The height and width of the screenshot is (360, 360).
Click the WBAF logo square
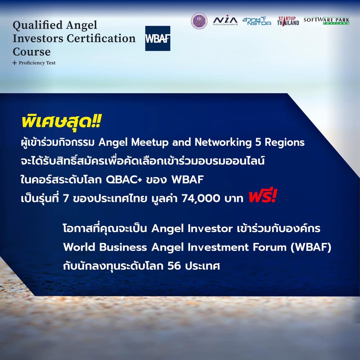(x=158, y=38)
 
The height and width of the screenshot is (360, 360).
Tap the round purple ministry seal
(x=199, y=21)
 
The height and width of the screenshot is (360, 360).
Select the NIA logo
(x=225, y=20)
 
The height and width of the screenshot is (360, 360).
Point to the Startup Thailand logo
(x=288, y=21)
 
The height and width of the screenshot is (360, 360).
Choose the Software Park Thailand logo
(x=326, y=21)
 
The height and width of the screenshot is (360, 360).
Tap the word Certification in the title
(x=101, y=38)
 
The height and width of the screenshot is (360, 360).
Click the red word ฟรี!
(x=262, y=196)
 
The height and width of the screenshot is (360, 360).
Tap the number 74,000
(x=201, y=198)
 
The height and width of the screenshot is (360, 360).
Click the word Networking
(x=223, y=143)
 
